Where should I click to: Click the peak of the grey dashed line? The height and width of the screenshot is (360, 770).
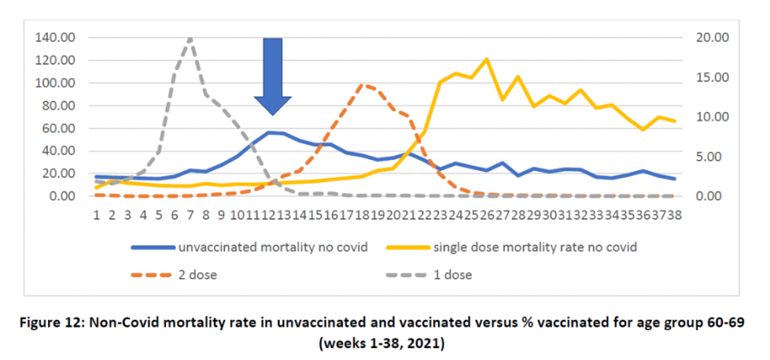(189, 38)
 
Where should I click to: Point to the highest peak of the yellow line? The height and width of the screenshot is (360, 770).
(487, 59)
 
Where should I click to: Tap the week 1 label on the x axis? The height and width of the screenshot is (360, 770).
(98, 213)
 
